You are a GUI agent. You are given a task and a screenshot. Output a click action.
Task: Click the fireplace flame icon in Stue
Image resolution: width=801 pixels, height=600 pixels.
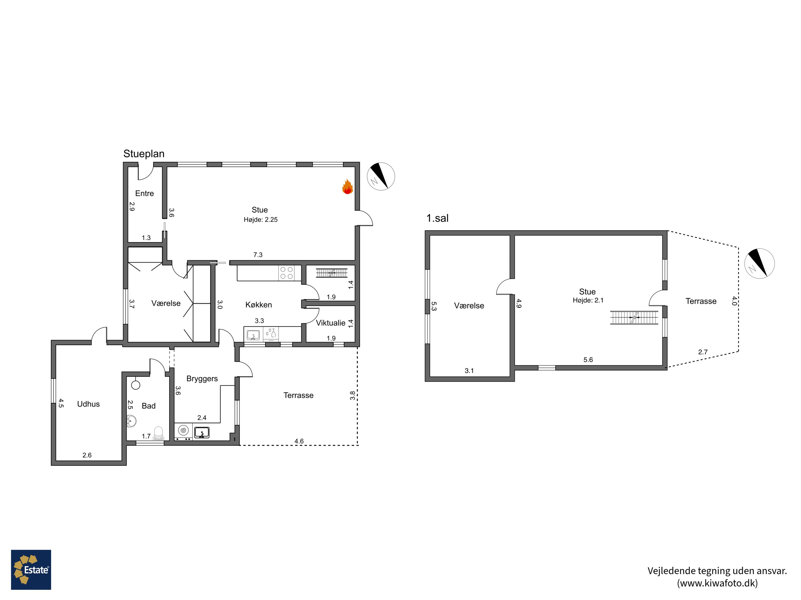[347, 187]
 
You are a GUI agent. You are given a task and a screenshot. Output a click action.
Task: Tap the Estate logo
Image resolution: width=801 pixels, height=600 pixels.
[31, 570]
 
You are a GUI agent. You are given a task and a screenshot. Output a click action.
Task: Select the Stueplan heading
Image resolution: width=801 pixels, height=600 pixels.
[144, 154]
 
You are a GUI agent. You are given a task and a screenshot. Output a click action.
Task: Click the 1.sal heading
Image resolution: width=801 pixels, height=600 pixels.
[437, 218]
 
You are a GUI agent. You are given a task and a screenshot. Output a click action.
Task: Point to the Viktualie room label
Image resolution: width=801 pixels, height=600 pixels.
[330, 323]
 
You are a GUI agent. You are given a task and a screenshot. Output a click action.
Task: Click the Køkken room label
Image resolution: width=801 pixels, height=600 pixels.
[258, 305]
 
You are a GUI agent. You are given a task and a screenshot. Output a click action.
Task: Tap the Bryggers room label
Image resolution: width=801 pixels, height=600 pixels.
[202, 379]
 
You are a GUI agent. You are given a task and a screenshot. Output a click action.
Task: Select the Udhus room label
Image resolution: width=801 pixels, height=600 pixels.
[88, 404]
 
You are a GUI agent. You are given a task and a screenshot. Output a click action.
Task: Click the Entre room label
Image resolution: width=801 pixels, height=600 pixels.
[144, 194]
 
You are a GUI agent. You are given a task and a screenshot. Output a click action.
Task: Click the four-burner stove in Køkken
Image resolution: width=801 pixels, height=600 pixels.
[286, 273]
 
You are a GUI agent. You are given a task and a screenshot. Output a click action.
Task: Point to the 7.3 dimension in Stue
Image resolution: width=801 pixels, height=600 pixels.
[258, 255]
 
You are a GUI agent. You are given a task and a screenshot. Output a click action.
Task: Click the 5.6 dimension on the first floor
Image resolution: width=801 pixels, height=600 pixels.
[588, 360]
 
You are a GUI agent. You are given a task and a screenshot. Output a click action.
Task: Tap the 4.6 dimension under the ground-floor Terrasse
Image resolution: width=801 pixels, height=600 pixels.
[299, 441]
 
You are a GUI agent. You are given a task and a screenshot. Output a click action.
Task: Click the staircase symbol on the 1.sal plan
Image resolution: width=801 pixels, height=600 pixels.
[634, 318]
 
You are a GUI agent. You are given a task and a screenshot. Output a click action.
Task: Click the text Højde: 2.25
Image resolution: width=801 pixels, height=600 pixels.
[260, 219]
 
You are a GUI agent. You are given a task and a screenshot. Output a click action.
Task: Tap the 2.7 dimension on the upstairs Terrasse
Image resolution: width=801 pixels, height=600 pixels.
[703, 352]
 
